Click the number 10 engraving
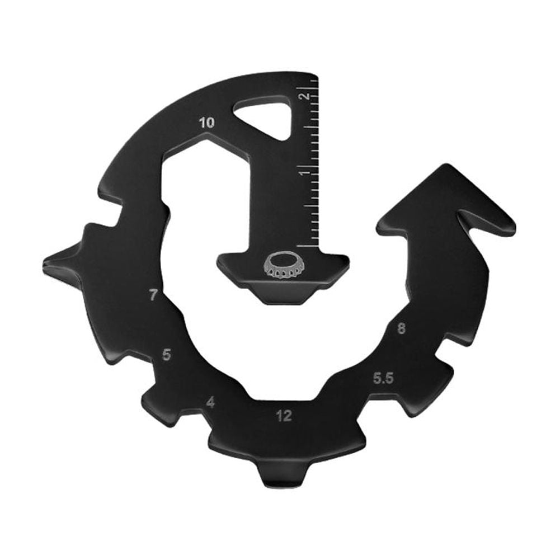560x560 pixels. pos(206,123)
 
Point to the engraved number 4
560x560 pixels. pos(210,402)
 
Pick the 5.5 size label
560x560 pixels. pos(384,379)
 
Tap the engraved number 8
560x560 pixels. pos(401,329)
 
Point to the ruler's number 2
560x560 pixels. pos(305,96)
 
